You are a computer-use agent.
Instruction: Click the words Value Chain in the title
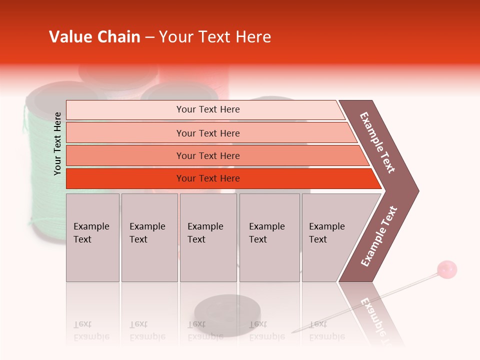click(94, 37)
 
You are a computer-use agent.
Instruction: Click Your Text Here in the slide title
click(215, 37)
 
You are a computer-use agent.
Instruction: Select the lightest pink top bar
click(207, 109)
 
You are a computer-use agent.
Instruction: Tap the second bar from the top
click(207, 133)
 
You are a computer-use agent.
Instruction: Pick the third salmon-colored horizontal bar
click(207, 155)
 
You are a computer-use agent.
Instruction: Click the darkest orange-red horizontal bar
click(207, 178)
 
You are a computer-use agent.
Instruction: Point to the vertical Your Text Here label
click(57, 143)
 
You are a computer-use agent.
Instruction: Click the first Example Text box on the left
click(92, 237)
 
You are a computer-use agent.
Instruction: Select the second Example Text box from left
click(149, 237)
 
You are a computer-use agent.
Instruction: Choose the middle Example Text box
click(208, 237)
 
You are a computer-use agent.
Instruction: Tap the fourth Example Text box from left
click(269, 237)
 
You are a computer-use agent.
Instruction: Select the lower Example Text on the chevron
click(379, 236)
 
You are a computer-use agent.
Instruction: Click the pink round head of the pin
click(447, 269)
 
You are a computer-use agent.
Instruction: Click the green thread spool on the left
click(42, 165)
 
